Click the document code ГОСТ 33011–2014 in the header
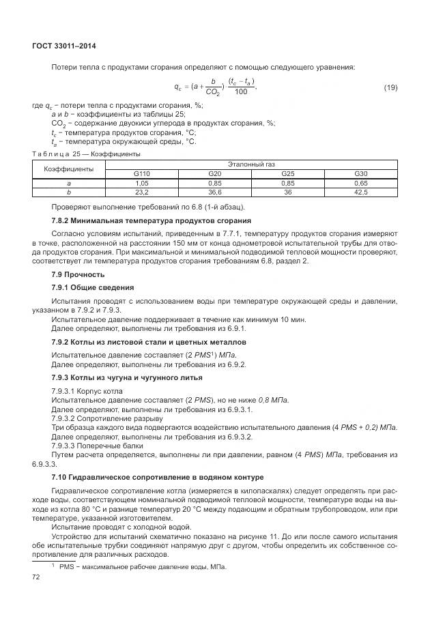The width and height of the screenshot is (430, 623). point(63,46)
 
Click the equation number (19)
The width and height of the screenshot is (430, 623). point(390,87)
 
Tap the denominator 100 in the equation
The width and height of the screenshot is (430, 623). point(240,92)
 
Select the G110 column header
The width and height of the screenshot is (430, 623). point(142,174)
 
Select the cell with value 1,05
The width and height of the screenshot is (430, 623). point(142,184)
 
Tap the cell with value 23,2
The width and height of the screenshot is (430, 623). point(142,192)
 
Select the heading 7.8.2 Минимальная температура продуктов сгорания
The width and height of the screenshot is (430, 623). point(152,220)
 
